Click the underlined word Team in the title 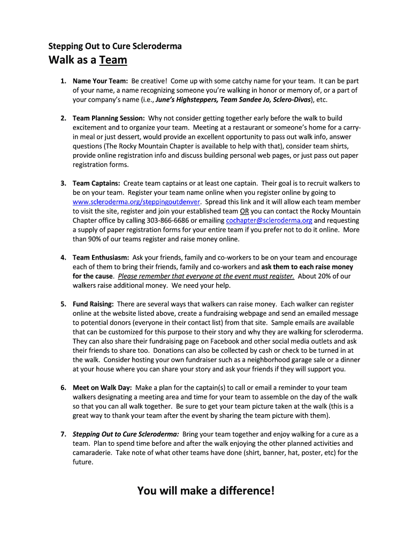(x=113, y=60)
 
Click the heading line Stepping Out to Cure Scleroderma (x=115, y=46)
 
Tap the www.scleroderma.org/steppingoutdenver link (x=136, y=202)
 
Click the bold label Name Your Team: (x=100, y=81)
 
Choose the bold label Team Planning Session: (x=109, y=118)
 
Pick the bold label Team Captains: (x=96, y=184)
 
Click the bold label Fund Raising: (x=93, y=304)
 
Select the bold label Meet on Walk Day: (x=102, y=387)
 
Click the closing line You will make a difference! (x=206, y=490)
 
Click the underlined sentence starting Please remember (x=206, y=276)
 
